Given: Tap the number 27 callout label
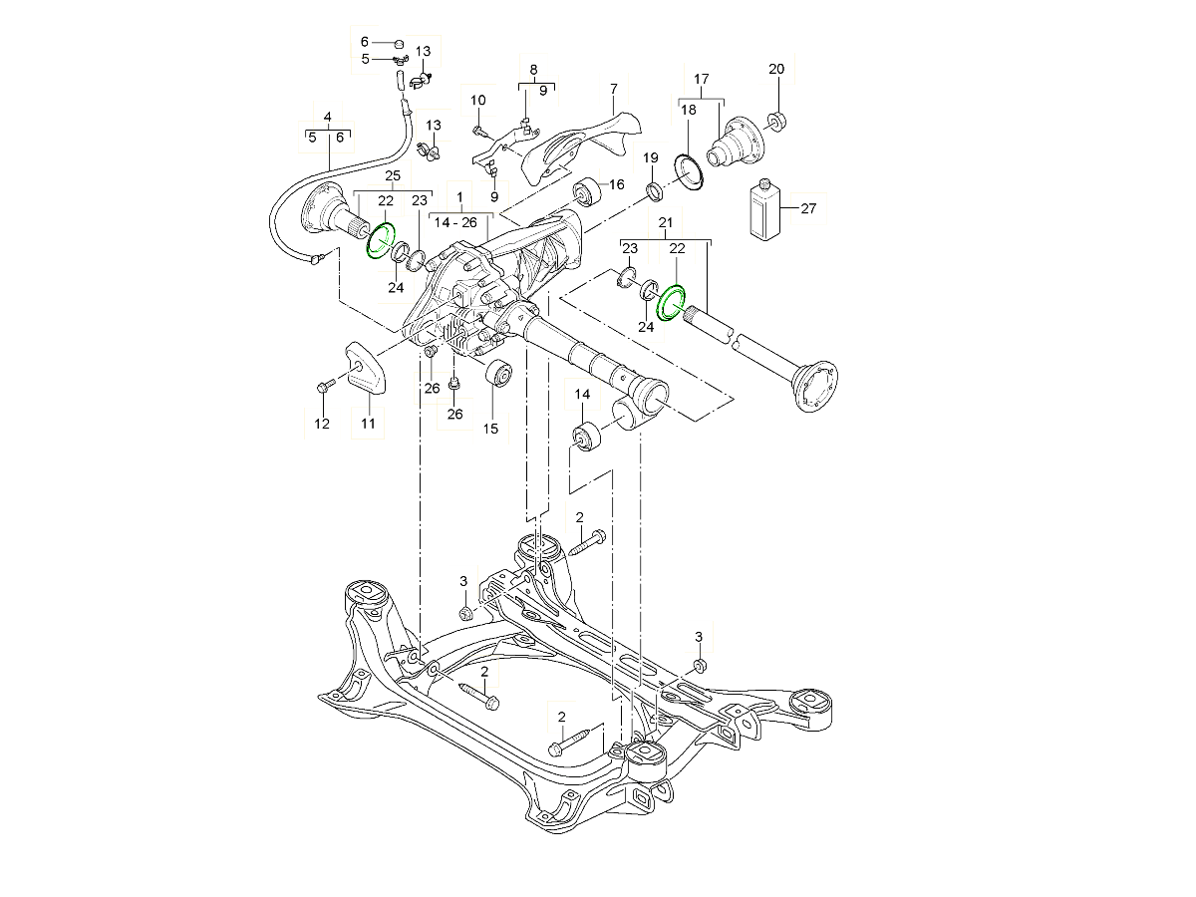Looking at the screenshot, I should [x=807, y=208].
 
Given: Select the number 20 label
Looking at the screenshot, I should [x=777, y=69].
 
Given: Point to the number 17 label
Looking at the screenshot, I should [x=701, y=79].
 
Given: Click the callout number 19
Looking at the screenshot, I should [x=651, y=158].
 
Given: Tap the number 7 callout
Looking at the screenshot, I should [x=613, y=89].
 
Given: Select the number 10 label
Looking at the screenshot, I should [x=477, y=100].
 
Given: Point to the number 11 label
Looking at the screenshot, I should [x=368, y=424].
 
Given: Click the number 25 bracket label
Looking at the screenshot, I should [x=392, y=176].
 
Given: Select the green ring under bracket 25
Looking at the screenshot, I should [x=381, y=241].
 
